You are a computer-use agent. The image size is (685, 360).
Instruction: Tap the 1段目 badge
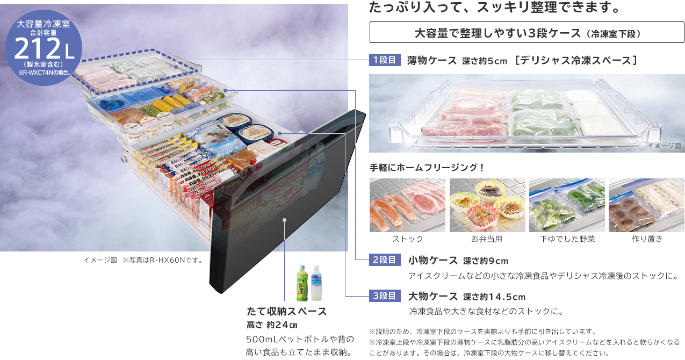(385, 60)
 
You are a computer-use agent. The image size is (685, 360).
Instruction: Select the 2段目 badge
(385, 260)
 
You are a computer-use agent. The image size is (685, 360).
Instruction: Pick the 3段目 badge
(385, 296)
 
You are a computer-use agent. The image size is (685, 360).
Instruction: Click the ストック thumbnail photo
(408, 205)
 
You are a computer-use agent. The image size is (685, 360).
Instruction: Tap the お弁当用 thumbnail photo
(487, 205)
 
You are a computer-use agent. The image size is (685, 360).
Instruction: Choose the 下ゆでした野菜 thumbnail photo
(567, 205)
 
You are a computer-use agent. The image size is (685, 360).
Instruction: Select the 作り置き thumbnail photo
(646, 205)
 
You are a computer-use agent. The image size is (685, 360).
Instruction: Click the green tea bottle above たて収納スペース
(302, 283)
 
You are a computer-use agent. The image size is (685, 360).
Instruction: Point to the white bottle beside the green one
(316, 283)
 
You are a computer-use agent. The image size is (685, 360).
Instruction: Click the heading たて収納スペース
(286, 312)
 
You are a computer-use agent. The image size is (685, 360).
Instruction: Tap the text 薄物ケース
(432, 60)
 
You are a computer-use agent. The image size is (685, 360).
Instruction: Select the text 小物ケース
(433, 261)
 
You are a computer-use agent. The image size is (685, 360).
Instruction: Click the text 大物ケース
(433, 296)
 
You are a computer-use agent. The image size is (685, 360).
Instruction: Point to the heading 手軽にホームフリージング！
(428, 167)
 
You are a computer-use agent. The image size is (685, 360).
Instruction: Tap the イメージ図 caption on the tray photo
(664, 146)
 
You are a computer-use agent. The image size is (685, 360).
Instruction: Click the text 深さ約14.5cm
(494, 297)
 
